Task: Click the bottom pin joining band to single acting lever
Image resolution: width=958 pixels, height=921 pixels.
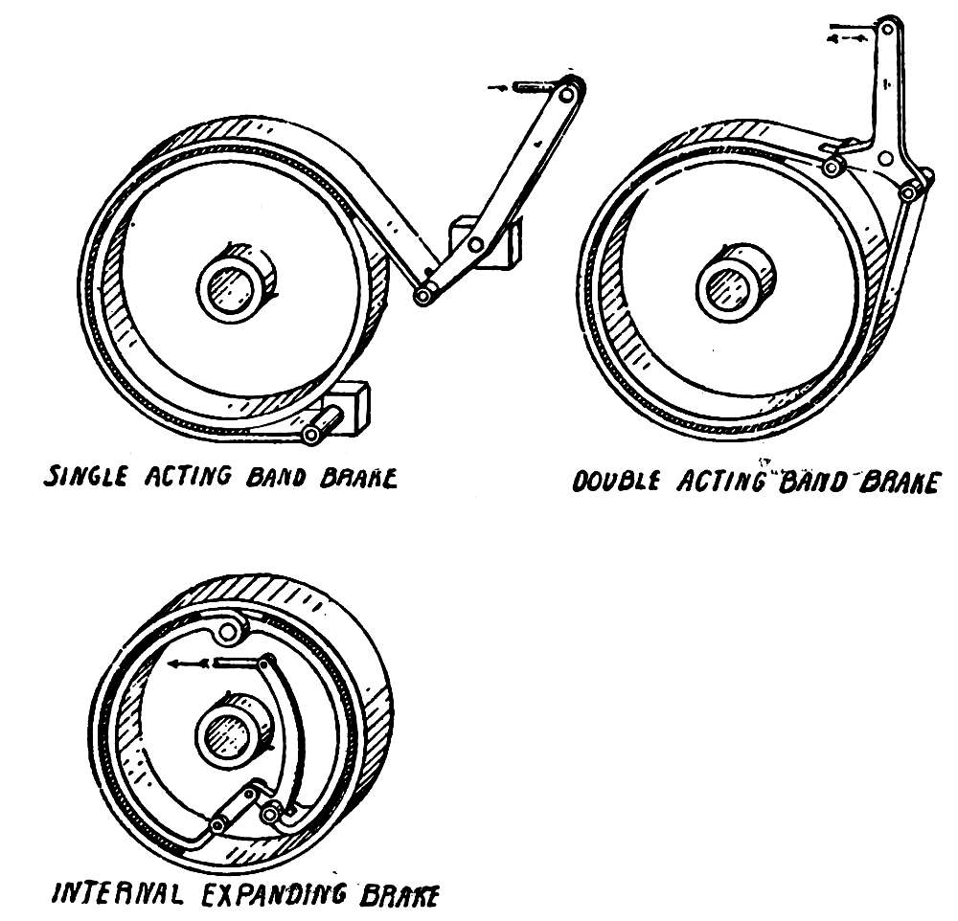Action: pyautogui.click(x=422, y=297)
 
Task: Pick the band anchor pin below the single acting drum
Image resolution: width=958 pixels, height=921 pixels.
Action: pyautogui.click(x=310, y=436)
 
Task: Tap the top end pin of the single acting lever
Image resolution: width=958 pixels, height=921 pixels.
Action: pyautogui.click(x=571, y=89)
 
